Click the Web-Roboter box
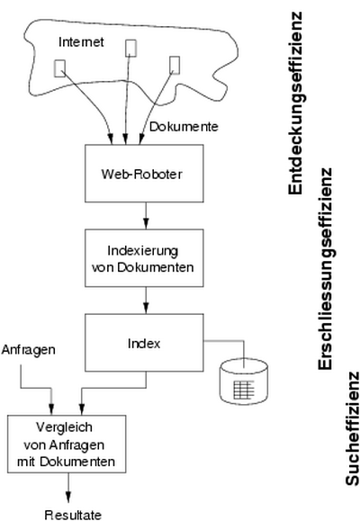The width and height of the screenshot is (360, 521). [144, 173]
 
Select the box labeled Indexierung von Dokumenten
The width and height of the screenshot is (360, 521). [144, 258]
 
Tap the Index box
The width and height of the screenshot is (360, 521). [144, 343]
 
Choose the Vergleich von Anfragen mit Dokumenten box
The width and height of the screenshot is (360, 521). [67, 444]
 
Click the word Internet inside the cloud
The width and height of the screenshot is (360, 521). [81, 42]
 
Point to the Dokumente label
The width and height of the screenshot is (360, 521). [184, 127]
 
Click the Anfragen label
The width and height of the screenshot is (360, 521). [28, 350]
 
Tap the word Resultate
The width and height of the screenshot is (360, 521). [73, 515]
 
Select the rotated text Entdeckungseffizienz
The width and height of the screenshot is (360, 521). [295, 103]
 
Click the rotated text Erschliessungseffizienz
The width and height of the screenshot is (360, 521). [326, 269]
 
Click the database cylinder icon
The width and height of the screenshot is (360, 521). [244, 382]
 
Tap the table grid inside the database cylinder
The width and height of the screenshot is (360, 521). [244, 390]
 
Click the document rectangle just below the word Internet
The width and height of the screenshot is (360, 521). [59, 68]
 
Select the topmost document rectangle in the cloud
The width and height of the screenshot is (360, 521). [131, 49]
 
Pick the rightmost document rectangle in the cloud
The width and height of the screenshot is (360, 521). [175, 65]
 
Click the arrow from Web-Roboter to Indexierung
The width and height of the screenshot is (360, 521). [146, 216]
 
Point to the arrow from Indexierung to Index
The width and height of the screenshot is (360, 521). [146, 301]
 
